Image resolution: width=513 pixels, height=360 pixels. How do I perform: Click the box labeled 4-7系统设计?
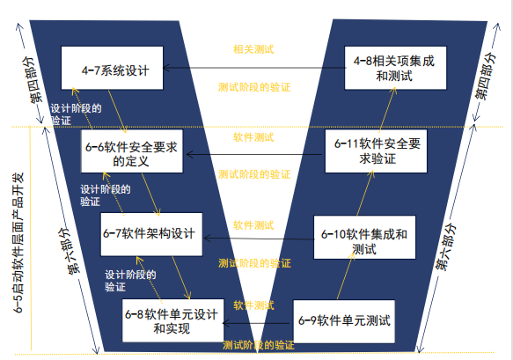[x=113, y=68]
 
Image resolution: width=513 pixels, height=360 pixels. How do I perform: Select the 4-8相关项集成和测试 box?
[x=396, y=68]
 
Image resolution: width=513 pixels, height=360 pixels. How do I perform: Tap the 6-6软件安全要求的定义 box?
[x=132, y=151]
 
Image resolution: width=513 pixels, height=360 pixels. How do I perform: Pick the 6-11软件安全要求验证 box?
[x=376, y=151]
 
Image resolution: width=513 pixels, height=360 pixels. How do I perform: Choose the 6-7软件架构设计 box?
[x=151, y=234]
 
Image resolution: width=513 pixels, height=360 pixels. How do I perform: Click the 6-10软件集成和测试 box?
[x=365, y=238]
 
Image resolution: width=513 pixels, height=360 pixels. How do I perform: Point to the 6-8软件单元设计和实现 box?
[x=173, y=320]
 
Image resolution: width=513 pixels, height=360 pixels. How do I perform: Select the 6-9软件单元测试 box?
[x=344, y=321]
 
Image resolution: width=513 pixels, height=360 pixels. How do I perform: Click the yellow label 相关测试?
[x=253, y=49]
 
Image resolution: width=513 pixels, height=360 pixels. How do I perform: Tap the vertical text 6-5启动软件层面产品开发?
[x=19, y=243]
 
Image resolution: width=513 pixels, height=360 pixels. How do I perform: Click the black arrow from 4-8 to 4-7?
[x=254, y=68]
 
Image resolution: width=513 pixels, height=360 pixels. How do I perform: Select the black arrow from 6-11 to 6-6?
[x=254, y=154]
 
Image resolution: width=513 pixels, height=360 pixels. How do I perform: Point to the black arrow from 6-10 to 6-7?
[x=259, y=239]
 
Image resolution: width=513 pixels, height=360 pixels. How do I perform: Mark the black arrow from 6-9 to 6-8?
[x=256, y=323]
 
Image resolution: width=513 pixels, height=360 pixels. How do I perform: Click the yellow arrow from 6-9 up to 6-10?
[x=346, y=276]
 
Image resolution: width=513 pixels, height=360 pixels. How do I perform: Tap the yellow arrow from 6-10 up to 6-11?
[x=365, y=193]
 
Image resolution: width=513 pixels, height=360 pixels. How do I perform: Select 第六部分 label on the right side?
[x=445, y=246]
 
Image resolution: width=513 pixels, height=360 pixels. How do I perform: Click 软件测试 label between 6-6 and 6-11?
[x=253, y=137]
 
